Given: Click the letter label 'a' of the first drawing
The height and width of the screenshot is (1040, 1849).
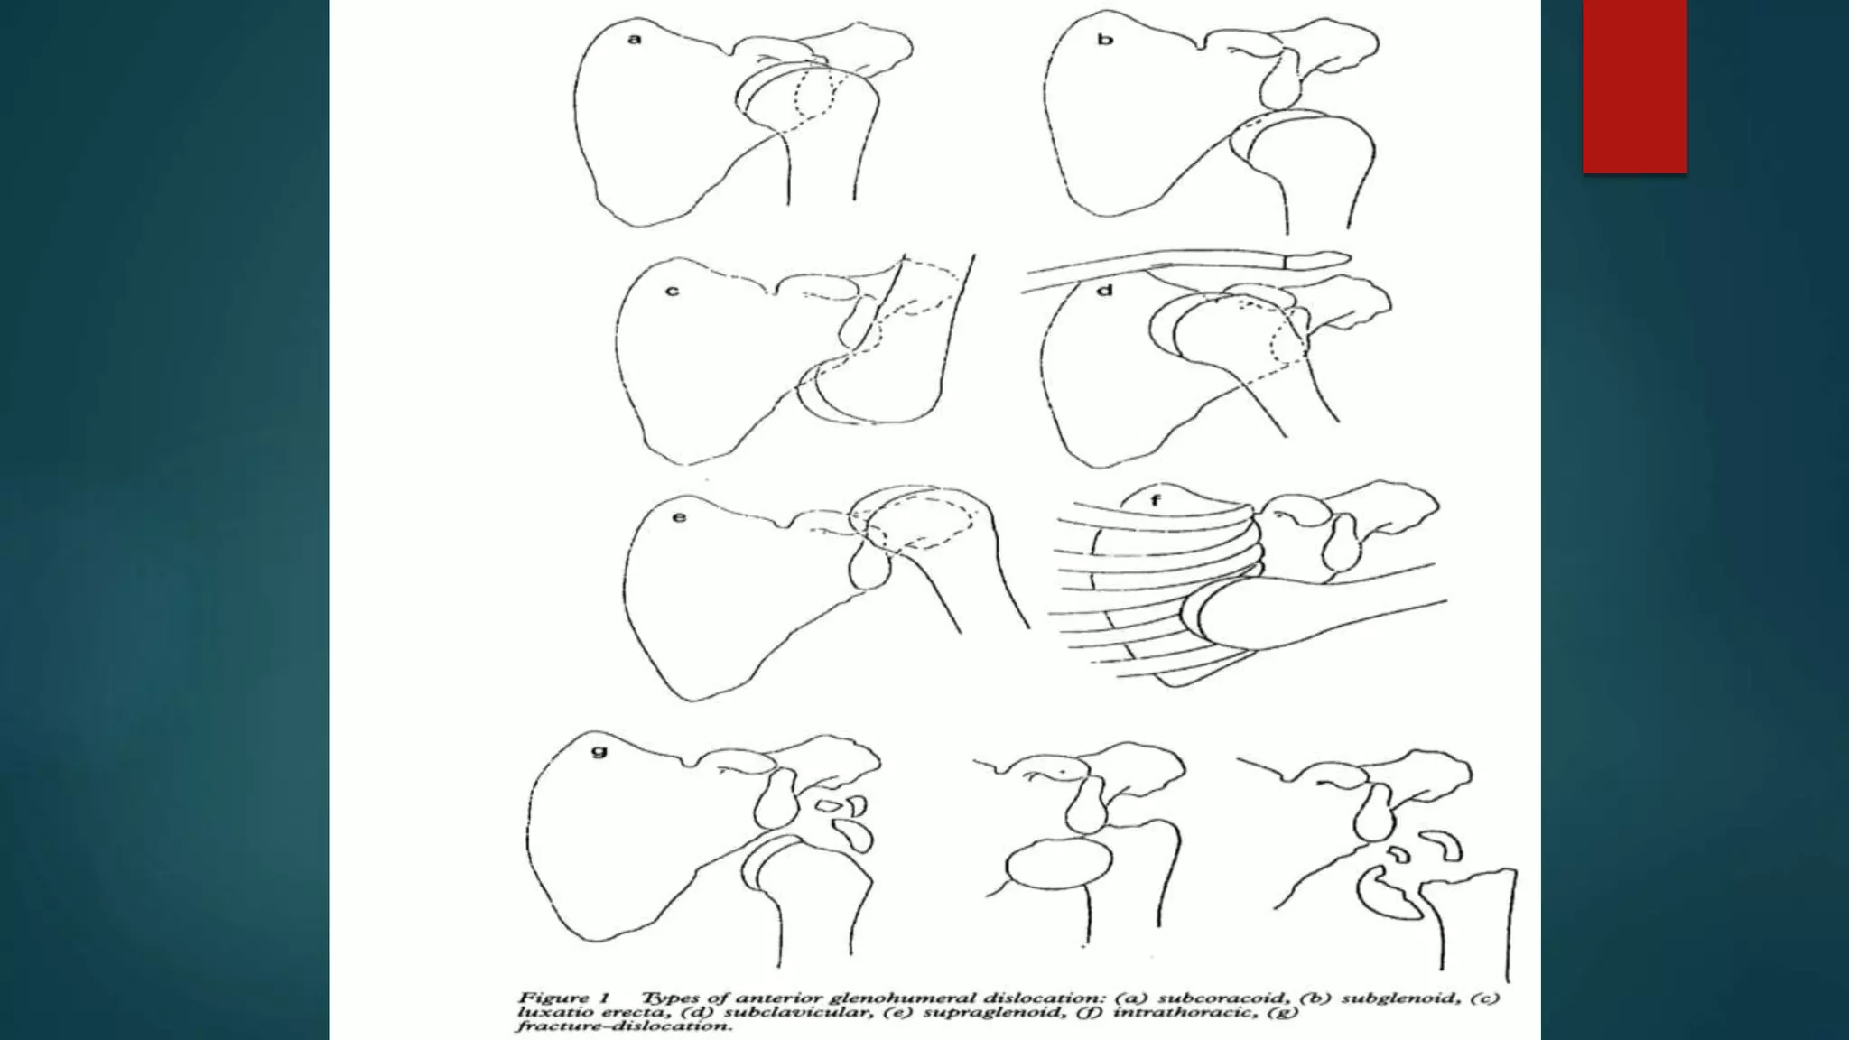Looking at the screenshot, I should [635, 39].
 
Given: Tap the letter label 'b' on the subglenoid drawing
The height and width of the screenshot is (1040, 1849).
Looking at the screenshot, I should [1105, 40].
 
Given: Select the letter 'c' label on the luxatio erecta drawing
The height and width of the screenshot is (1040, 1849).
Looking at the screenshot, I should [672, 292].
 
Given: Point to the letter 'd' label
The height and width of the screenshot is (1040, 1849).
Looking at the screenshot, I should [1106, 291].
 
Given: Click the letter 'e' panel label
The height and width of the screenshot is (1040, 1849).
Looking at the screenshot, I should [679, 517].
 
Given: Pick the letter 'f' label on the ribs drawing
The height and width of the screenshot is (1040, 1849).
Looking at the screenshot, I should [1156, 499].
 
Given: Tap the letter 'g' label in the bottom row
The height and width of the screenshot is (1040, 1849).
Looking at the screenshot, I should [599, 750].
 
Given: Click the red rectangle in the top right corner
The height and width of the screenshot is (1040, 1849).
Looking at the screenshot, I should [1634, 86].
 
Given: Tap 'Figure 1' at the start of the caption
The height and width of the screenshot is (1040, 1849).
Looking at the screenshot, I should [565, 998].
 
